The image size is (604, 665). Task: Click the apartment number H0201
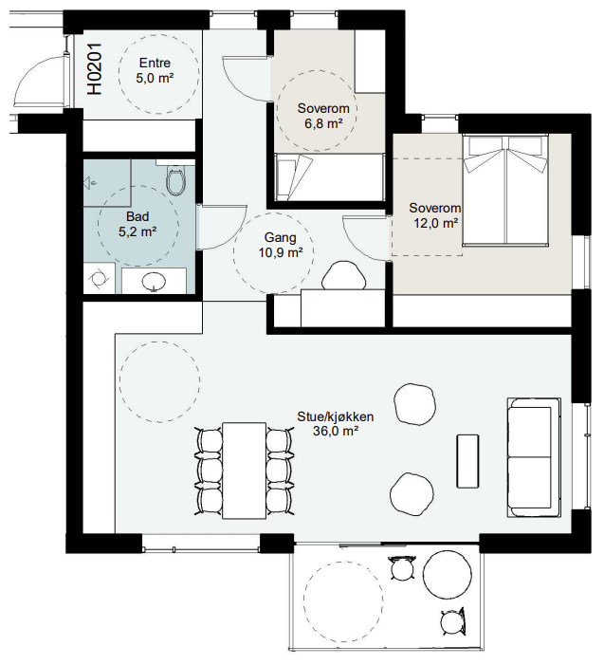coord(95,68)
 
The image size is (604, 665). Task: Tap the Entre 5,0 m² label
coord(155,70)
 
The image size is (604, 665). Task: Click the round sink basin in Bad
coord(154,281)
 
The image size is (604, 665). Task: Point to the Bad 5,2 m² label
coord(137,224)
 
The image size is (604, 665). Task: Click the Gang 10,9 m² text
coord(280,245)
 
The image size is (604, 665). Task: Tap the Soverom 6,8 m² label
coord(323,116)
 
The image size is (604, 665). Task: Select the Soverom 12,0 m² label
coord(435,215)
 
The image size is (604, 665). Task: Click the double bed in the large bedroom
coord(504,190)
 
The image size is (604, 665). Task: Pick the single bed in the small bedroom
coord(329,176)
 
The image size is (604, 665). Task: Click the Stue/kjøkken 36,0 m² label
coord(336,424)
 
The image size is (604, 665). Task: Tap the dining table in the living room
coord(244,471)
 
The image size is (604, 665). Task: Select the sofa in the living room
coord(534,457)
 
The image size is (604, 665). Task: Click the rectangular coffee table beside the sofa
coord(467,461)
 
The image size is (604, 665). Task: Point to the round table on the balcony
coord(448,574)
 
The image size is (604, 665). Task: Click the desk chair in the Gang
coord(344,275)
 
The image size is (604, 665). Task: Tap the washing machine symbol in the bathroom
coord(100,278)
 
